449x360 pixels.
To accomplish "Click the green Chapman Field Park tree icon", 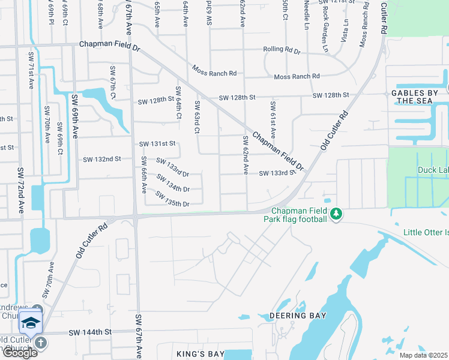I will click(337, 214).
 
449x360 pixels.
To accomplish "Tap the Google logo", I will click(19, 353).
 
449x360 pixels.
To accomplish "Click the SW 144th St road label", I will click(90, 332).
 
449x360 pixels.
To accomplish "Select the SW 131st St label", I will click(157, 144).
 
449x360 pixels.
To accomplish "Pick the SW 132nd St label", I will click(102, 159).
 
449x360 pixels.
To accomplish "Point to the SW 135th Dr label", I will click(172, 199).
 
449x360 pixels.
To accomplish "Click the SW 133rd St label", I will click(277, 173).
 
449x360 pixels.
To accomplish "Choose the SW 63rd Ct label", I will click(196, 118).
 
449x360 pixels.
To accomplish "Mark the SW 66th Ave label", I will click(143, 175).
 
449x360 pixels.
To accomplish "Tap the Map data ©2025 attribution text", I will click(423, 355).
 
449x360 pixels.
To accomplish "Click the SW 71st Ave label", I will click(30, 70).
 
